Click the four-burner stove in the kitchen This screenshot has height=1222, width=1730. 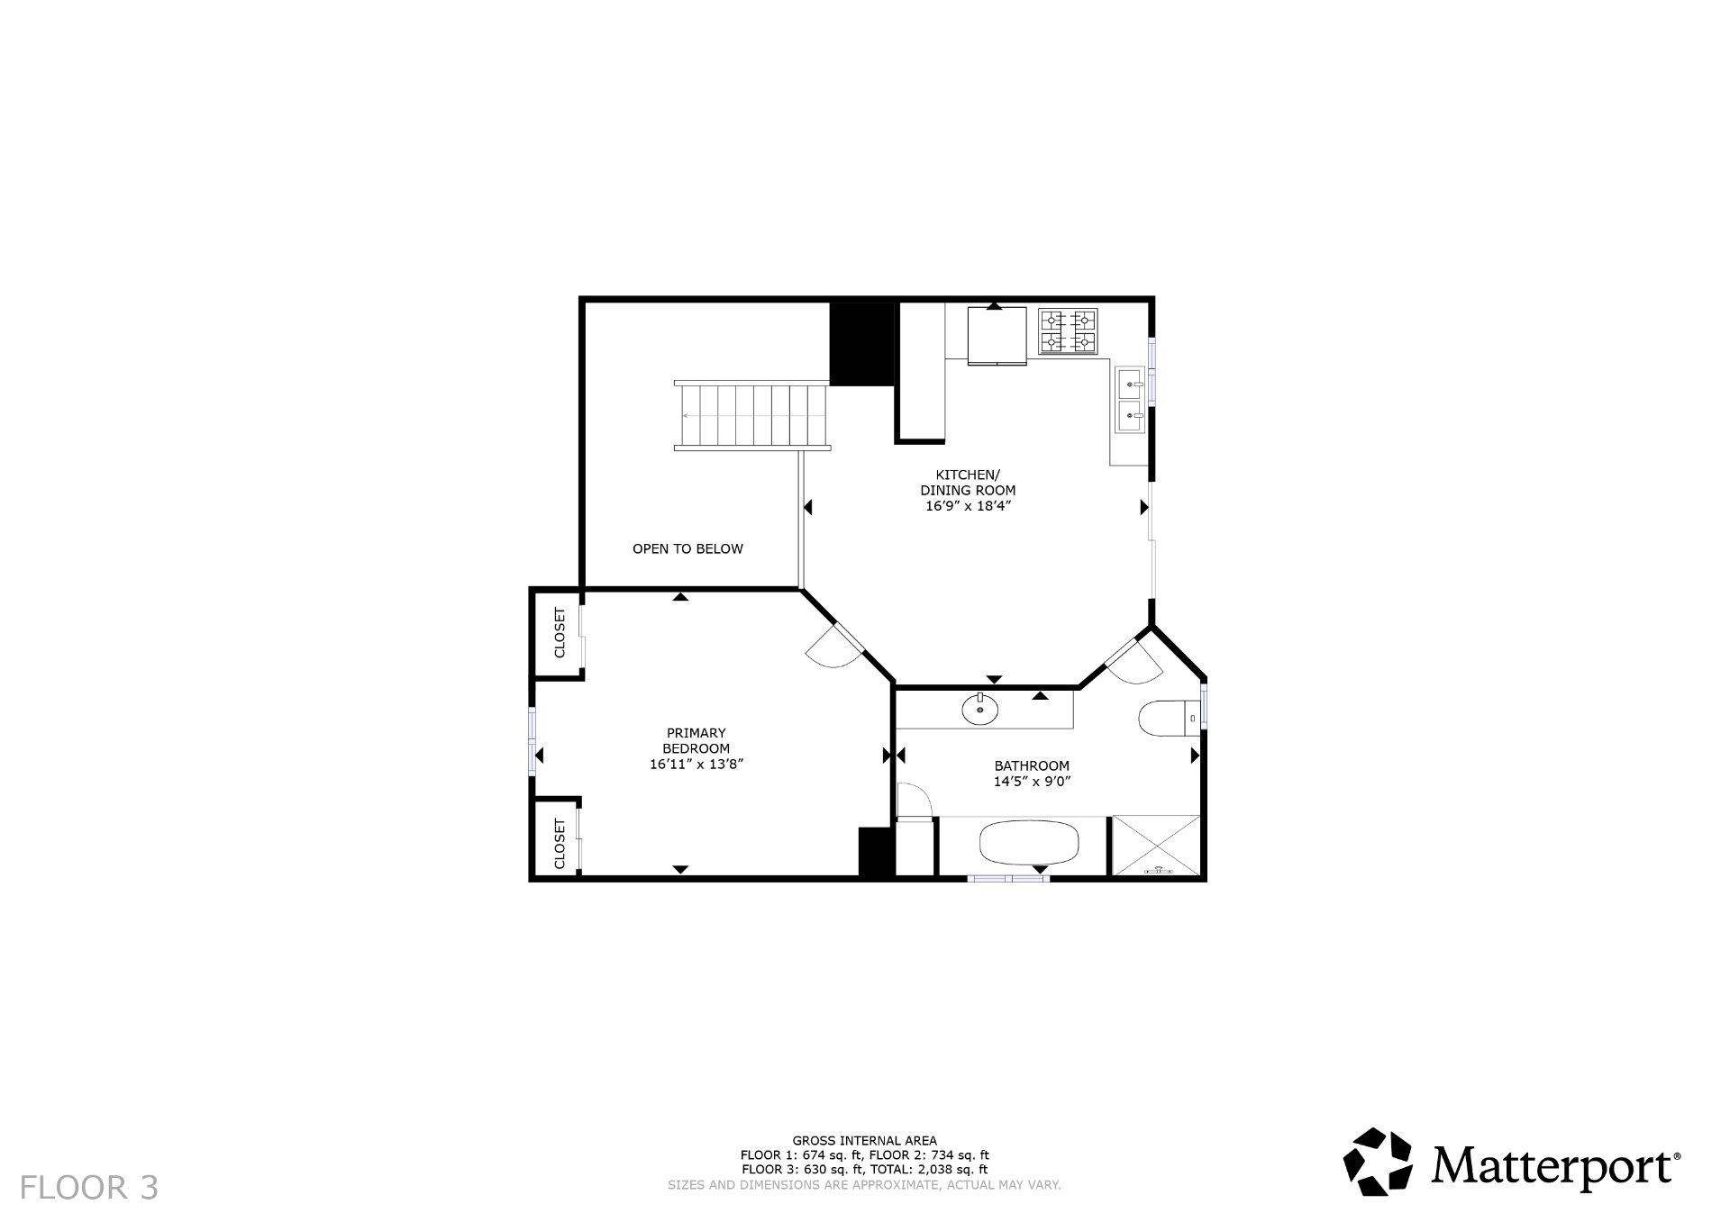[1069, 331]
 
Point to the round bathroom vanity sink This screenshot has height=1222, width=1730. [979, 710]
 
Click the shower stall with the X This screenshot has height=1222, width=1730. [1157, 845]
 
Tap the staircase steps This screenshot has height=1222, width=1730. [752, 415]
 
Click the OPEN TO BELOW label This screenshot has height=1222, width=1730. [687, 548]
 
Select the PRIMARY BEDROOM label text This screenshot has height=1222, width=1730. [696, 740]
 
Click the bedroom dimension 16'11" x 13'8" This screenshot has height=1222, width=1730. [696, 764]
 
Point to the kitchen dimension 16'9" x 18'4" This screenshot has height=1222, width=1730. [968, 506]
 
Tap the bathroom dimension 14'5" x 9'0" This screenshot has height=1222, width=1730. [1032, 782]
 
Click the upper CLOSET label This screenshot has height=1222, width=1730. [560, 632]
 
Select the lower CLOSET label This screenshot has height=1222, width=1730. [560, 844]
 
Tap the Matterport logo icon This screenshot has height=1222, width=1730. [1378, 1162]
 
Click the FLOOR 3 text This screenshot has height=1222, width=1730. [88, 1188]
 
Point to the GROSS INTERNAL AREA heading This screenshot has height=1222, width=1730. [864, 1140]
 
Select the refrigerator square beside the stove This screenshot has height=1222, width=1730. [997, 335]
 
